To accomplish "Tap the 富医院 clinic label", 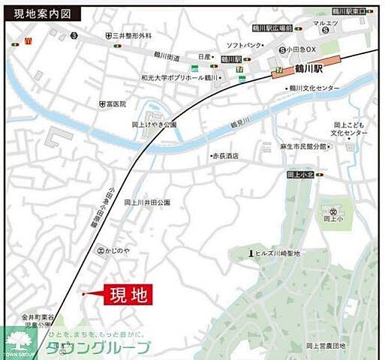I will tap(116, 103).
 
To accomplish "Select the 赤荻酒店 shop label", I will tap(226, 156).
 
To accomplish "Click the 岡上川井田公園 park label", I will tap(147, 202).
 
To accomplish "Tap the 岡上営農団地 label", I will tap(326, 346).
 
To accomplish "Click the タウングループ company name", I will tap(98, 347).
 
